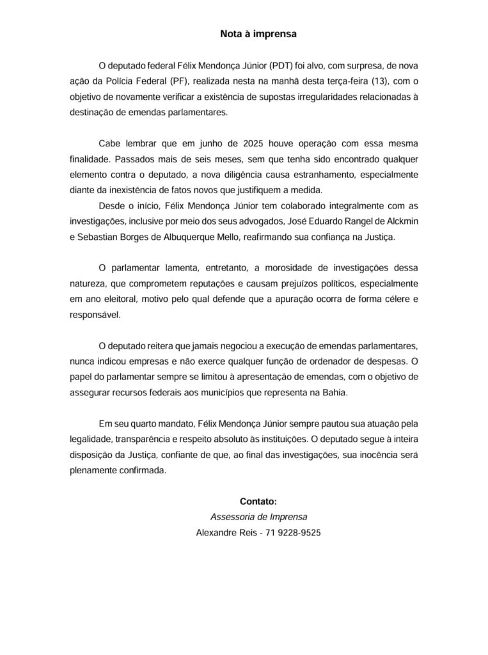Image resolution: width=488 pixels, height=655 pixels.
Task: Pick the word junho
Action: (x=221, y=143)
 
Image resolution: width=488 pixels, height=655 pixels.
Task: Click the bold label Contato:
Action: (x=258, y=501)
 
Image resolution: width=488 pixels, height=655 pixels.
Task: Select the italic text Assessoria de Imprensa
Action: (x=258, y=517)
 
